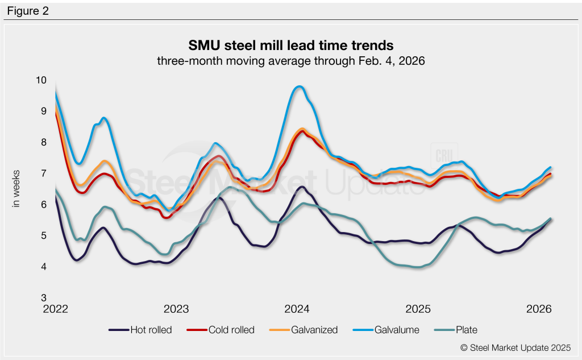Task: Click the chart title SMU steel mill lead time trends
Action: coord(291,44)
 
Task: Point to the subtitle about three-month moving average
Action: coord(291,60)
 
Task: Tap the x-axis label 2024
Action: coord(297,309)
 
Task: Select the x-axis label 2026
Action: coord(539,309)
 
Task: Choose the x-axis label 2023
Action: coord(176,309)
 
